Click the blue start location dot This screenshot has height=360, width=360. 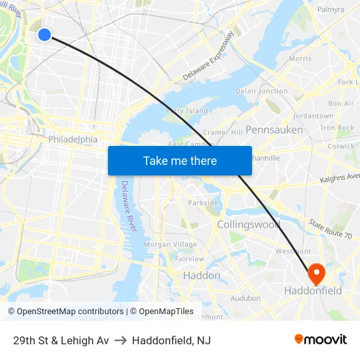44,34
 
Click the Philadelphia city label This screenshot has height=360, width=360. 73,139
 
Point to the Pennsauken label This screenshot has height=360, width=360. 274,130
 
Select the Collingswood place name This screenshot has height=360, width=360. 249,225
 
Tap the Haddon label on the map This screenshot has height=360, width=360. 202,276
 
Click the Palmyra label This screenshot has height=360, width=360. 331,10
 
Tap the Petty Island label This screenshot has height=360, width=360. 187,111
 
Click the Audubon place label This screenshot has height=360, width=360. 246,298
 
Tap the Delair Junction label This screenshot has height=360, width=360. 261,91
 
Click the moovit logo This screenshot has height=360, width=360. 320,340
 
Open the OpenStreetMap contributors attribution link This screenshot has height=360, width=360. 65,312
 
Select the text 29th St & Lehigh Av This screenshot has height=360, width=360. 61,340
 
